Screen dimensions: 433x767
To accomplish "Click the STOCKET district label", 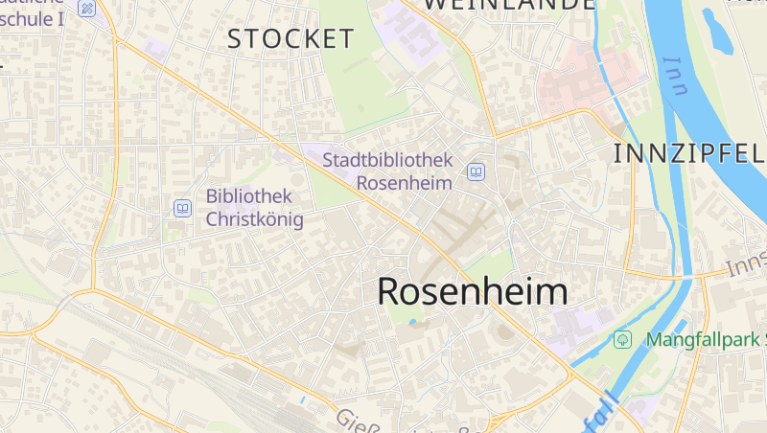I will tap(291, 39).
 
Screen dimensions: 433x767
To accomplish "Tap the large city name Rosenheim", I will tap(472, 291).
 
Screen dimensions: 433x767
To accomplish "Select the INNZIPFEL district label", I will tap(687, 153).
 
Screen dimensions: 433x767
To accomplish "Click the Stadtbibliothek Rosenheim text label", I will tap(387, 171).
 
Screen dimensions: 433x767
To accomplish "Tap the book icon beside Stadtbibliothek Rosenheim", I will tap(475, 172).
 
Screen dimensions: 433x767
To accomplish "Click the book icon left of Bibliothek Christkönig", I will tap(182, 208).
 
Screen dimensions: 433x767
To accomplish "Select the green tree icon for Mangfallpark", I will tap(622, 339).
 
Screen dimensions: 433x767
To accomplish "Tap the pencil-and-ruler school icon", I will tap(88, 8).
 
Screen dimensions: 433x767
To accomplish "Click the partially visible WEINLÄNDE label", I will tap(508, 5).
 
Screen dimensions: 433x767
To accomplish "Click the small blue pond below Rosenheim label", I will tap(413, 323).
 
